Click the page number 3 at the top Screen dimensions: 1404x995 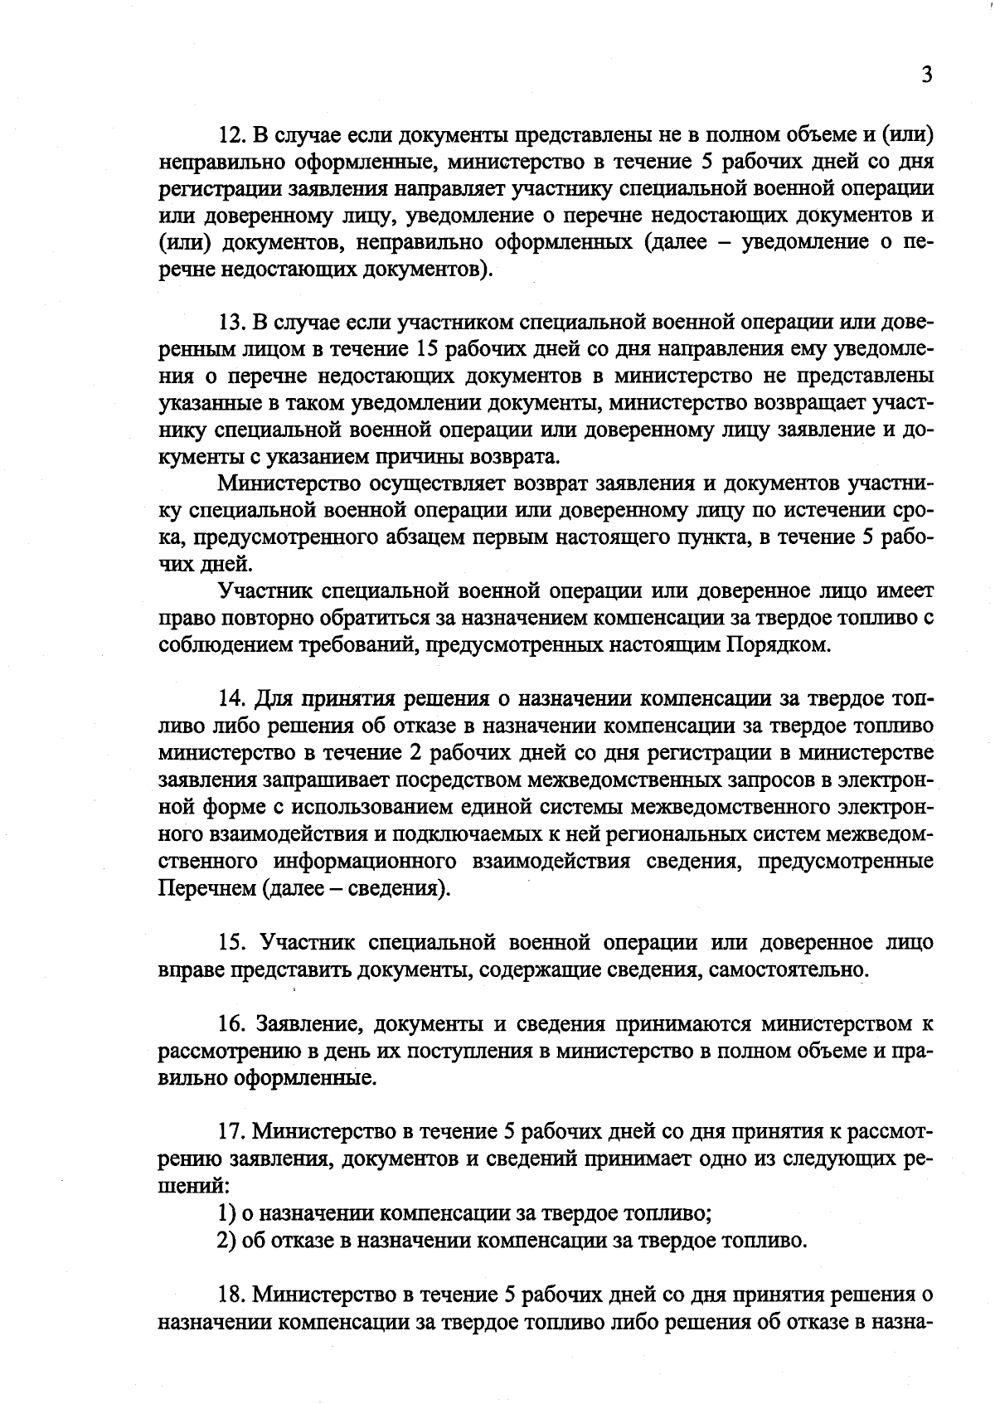(927, 75)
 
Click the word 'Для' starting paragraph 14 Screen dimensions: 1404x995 (274, 699)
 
